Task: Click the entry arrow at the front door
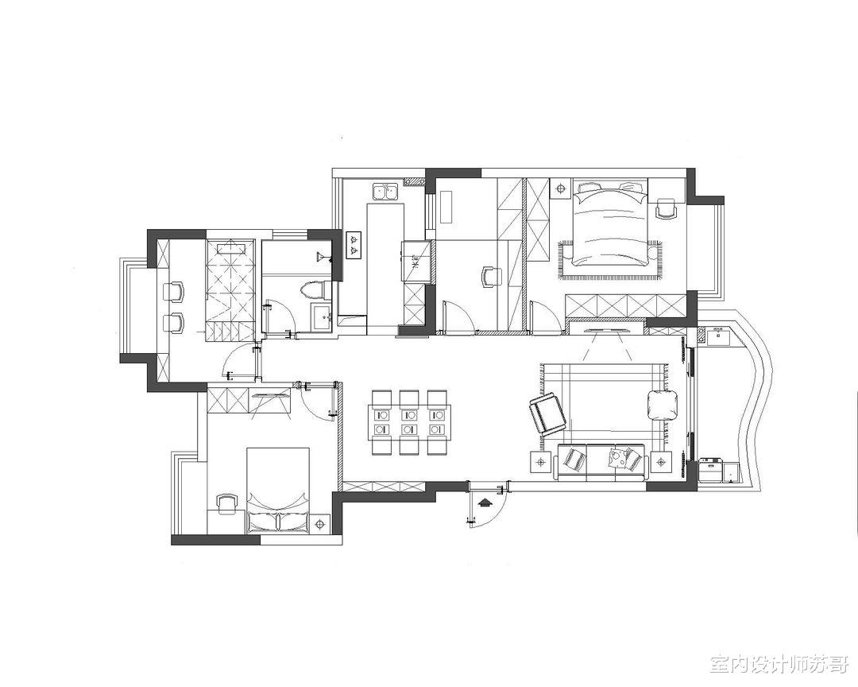pos(484,503)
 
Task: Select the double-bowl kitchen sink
pos(385,192)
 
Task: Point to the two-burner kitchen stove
pos(354,245)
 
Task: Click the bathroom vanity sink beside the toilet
pos(321,316)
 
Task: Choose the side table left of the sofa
pos(541,461)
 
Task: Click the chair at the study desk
pos(492,276)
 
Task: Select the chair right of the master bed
pos(666,208)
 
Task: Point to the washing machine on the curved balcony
pos(710,469)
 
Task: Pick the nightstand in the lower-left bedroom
pos(319,524)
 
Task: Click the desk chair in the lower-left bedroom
pos(227,504)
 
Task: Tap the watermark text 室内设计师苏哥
pos(779,665)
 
